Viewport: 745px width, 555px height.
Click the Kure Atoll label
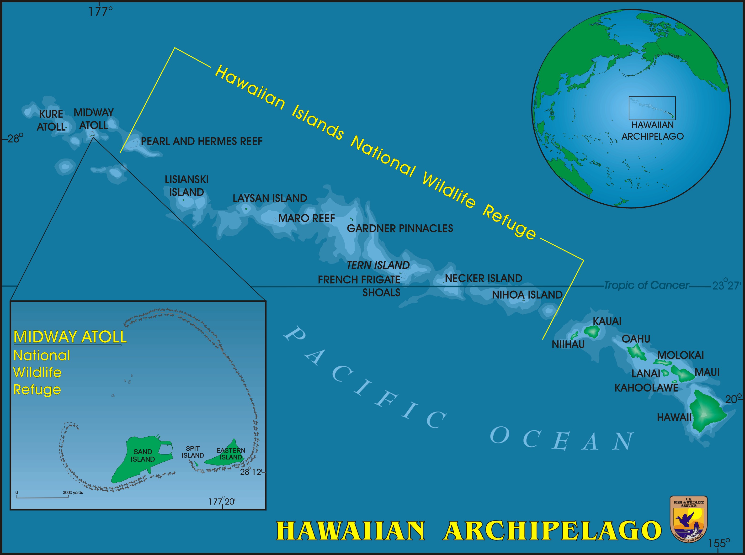pyautogui.click(x=51, y=120)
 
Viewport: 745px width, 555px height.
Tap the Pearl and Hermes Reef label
pyautogui.click(x=201, y=142)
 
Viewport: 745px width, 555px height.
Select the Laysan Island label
pyautogui.click(x=270, y=198)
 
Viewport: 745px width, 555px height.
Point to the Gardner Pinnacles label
pyautogui.click(x=400, y=228)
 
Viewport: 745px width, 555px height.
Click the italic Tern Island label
pyautogui.click(x=378, y=265)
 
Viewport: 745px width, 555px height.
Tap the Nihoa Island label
pyautogui.click(x=527, y=295)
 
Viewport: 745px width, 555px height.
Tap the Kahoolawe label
pyautogui.click(x=646, y=388)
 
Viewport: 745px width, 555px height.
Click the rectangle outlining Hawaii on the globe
pyautogui.click(x=652, y=108)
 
